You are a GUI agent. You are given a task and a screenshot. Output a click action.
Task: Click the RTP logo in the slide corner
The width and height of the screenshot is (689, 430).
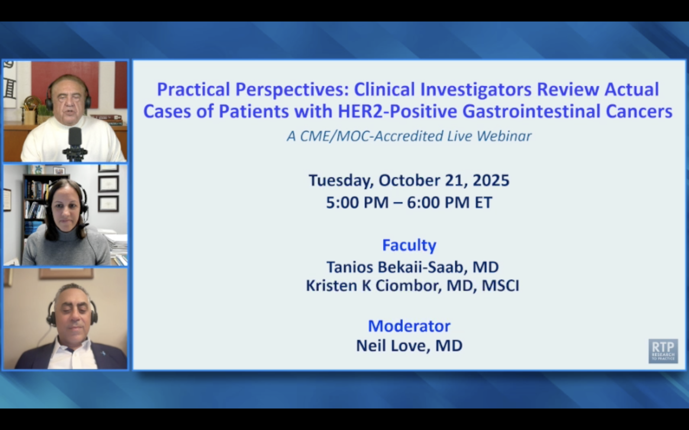coord(663,351)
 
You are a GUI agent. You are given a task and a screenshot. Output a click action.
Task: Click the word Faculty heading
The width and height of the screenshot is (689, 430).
coord(409,245)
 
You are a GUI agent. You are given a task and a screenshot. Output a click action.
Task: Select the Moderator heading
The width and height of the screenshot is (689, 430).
coord(409,326)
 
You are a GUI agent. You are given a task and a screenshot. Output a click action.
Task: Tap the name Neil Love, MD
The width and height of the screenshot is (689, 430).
coord(409,346)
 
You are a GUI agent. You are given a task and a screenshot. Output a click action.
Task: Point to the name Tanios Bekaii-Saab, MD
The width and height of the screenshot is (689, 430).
coord(412,267)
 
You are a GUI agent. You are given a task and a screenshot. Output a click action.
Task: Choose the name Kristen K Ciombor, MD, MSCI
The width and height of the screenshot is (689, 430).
coord(412,285)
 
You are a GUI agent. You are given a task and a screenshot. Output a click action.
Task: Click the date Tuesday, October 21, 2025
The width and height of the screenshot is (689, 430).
coord(409,180)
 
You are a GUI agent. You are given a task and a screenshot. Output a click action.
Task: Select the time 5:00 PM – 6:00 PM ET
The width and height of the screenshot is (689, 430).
coord(409,203)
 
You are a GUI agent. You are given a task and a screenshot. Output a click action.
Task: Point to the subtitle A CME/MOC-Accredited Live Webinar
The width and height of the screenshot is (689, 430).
coord(409,136)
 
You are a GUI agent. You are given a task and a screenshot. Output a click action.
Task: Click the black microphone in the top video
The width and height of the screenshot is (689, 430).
coord(75,139)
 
